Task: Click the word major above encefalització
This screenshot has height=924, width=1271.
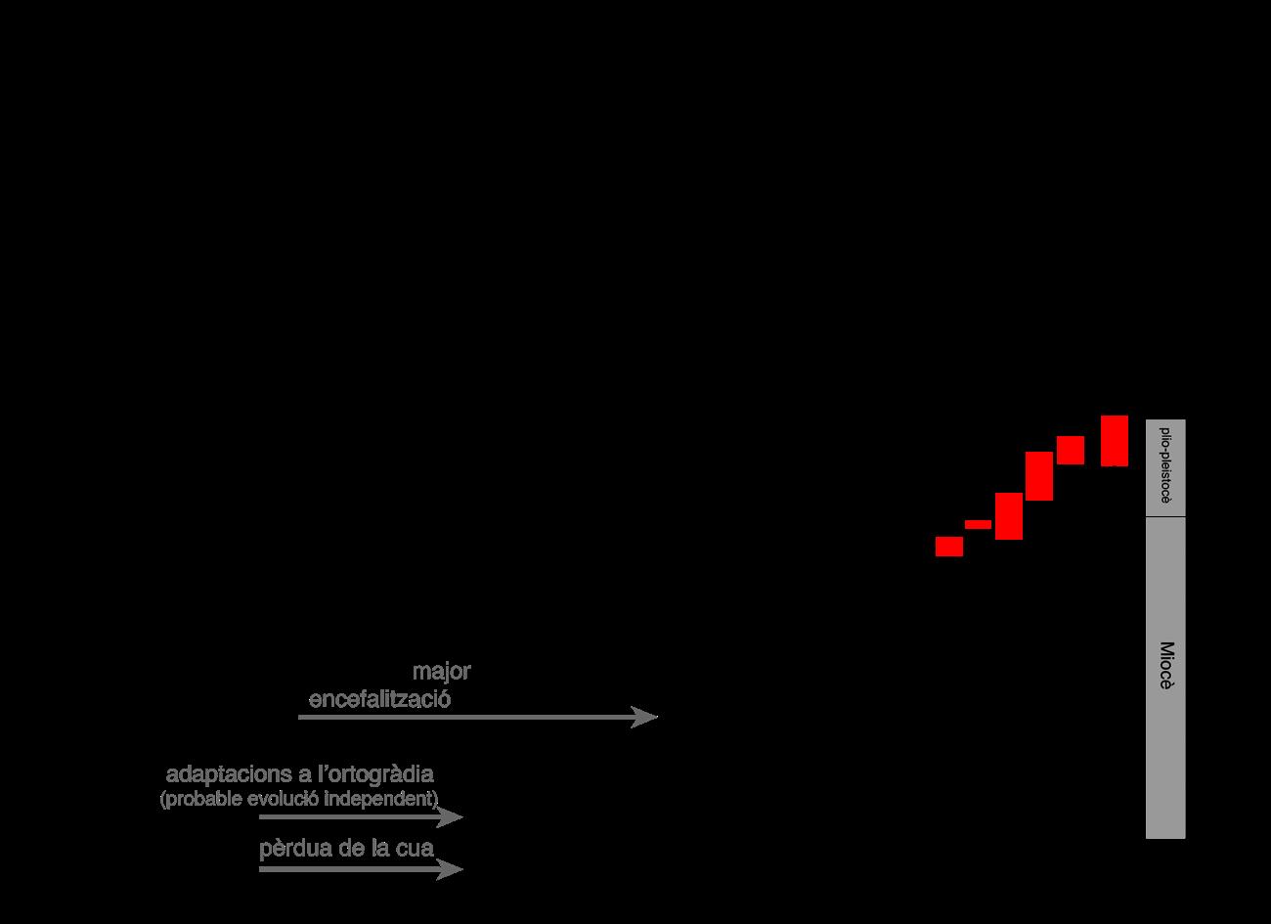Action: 441,672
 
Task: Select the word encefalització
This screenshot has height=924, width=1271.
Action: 379,700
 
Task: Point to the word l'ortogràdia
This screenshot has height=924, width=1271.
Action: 374,774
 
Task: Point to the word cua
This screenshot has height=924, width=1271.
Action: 414,848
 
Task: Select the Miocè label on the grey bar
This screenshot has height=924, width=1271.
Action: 1165,666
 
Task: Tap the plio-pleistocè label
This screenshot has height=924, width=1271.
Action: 1165,465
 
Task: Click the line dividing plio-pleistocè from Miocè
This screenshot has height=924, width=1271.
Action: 1165,516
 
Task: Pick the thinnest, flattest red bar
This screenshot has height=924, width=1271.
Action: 978,524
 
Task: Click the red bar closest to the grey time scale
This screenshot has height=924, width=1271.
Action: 1115,441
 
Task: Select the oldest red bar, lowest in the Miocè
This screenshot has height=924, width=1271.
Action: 949,547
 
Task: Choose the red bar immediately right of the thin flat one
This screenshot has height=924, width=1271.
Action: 1009,516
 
